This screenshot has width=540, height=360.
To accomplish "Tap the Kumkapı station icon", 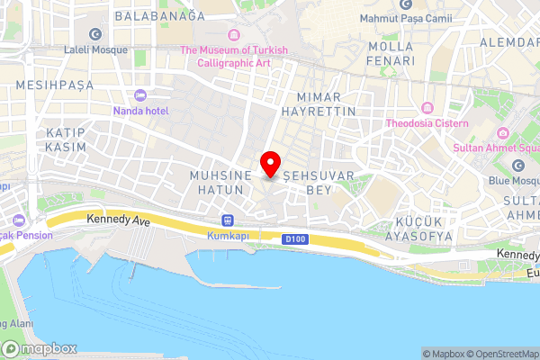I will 227,220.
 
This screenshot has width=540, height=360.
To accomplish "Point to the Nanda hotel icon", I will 139,95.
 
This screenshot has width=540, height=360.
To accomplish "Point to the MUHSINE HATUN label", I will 217,183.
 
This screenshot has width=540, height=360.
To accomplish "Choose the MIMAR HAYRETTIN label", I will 319,102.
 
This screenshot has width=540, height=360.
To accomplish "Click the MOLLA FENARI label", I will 391,53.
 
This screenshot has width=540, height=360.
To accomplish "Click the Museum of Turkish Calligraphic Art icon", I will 234,35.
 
